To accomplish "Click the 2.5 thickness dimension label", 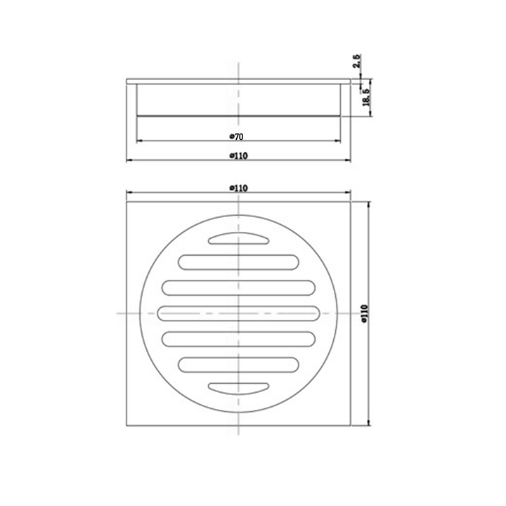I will click(357, 61).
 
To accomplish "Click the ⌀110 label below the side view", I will click(238, 156).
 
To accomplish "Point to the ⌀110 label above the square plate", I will click(238, 188).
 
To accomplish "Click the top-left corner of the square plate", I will click(126, 202).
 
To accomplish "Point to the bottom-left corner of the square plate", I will click(126, 424).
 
